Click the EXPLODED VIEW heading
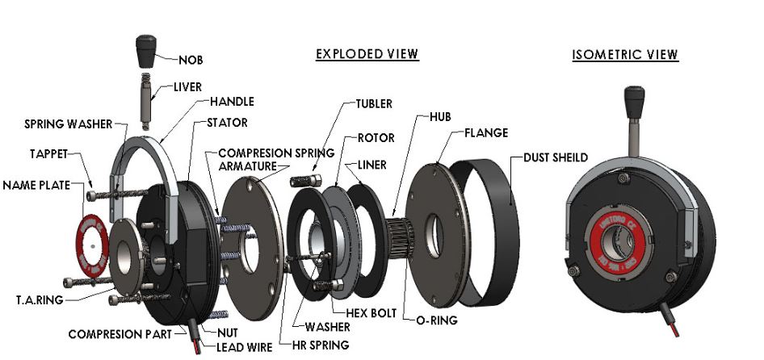click(367, 54)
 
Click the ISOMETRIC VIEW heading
click(625, 55)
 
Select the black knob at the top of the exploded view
click(146, 51)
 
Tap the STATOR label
click(227, 123)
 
